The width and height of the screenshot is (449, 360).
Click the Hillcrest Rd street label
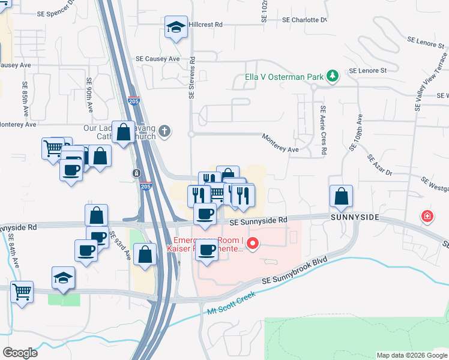pos(205,25)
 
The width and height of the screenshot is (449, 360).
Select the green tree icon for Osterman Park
pos(332,76)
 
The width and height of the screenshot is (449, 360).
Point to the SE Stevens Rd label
pos(193,78)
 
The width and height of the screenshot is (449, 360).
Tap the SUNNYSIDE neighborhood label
pos(354,217)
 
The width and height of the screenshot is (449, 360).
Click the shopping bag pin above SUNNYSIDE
pos(341,197)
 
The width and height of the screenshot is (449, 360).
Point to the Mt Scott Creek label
pos(232,303)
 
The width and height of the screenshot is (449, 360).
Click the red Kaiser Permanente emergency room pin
pos(253,244)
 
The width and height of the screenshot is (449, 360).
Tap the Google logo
pos(20,352)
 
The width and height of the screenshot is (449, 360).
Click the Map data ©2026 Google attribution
pos(412,355)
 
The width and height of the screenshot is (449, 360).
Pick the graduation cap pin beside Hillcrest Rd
pos(176,27)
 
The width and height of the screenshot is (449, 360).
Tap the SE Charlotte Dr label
pos(304,20)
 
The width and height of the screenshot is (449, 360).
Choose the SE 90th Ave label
pos(89,95)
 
